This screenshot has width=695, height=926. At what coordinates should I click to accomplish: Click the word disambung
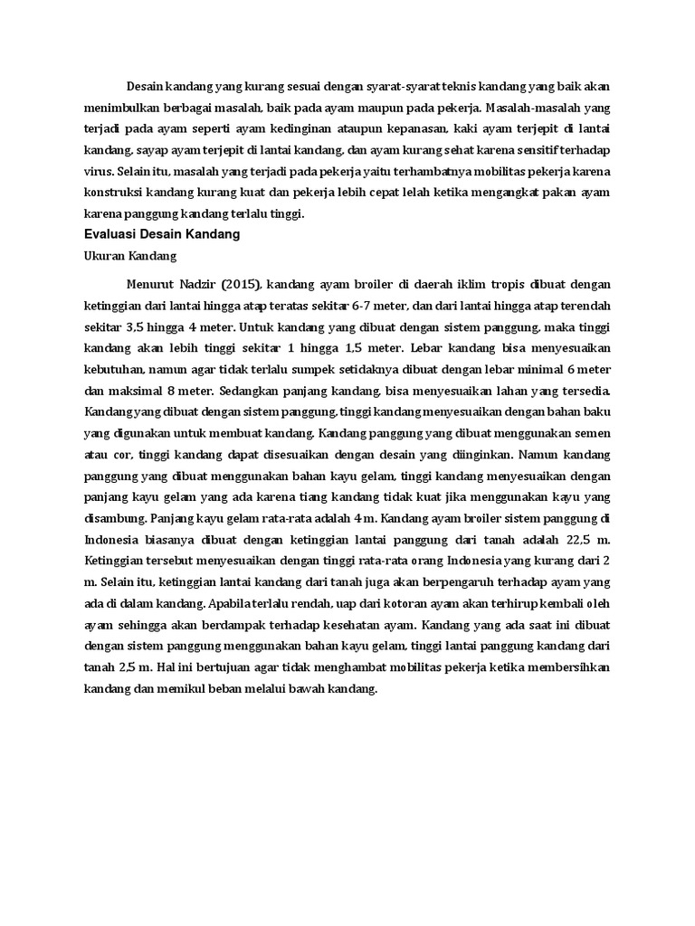112,518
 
